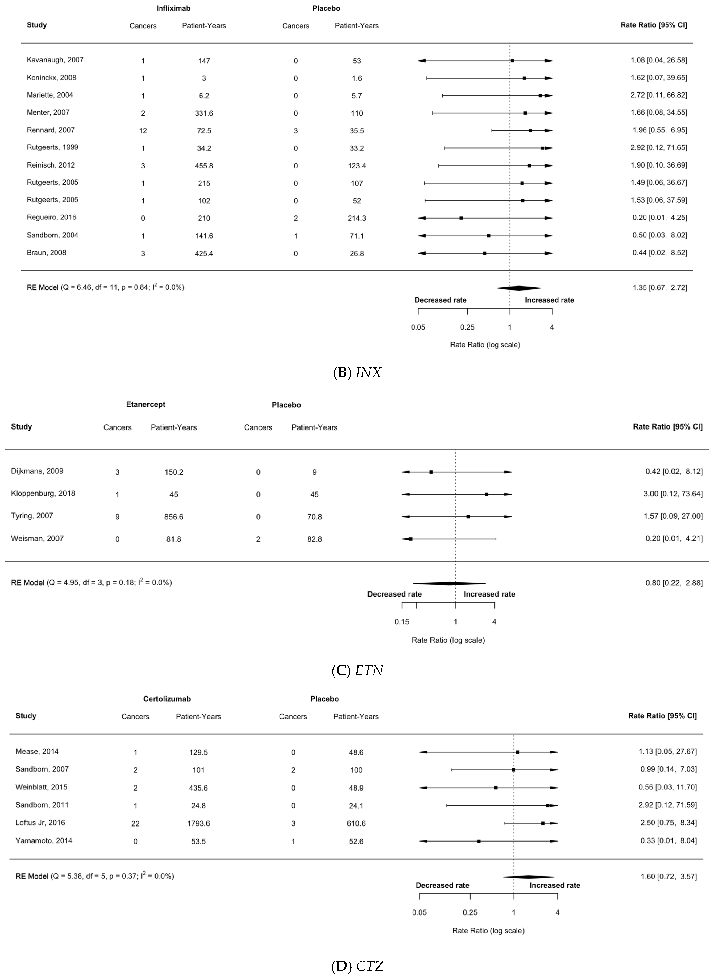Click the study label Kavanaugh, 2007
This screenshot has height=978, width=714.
click(55, 60)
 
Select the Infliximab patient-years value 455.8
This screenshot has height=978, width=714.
click(204, 166)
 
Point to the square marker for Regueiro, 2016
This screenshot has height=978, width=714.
click(461, 218)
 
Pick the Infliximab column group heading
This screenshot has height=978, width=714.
click(173, 8)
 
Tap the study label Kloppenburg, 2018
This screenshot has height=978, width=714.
click(43, 493)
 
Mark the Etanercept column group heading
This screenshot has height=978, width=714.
click(146, 404)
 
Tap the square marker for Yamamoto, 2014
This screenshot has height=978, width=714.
click(479, 841)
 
